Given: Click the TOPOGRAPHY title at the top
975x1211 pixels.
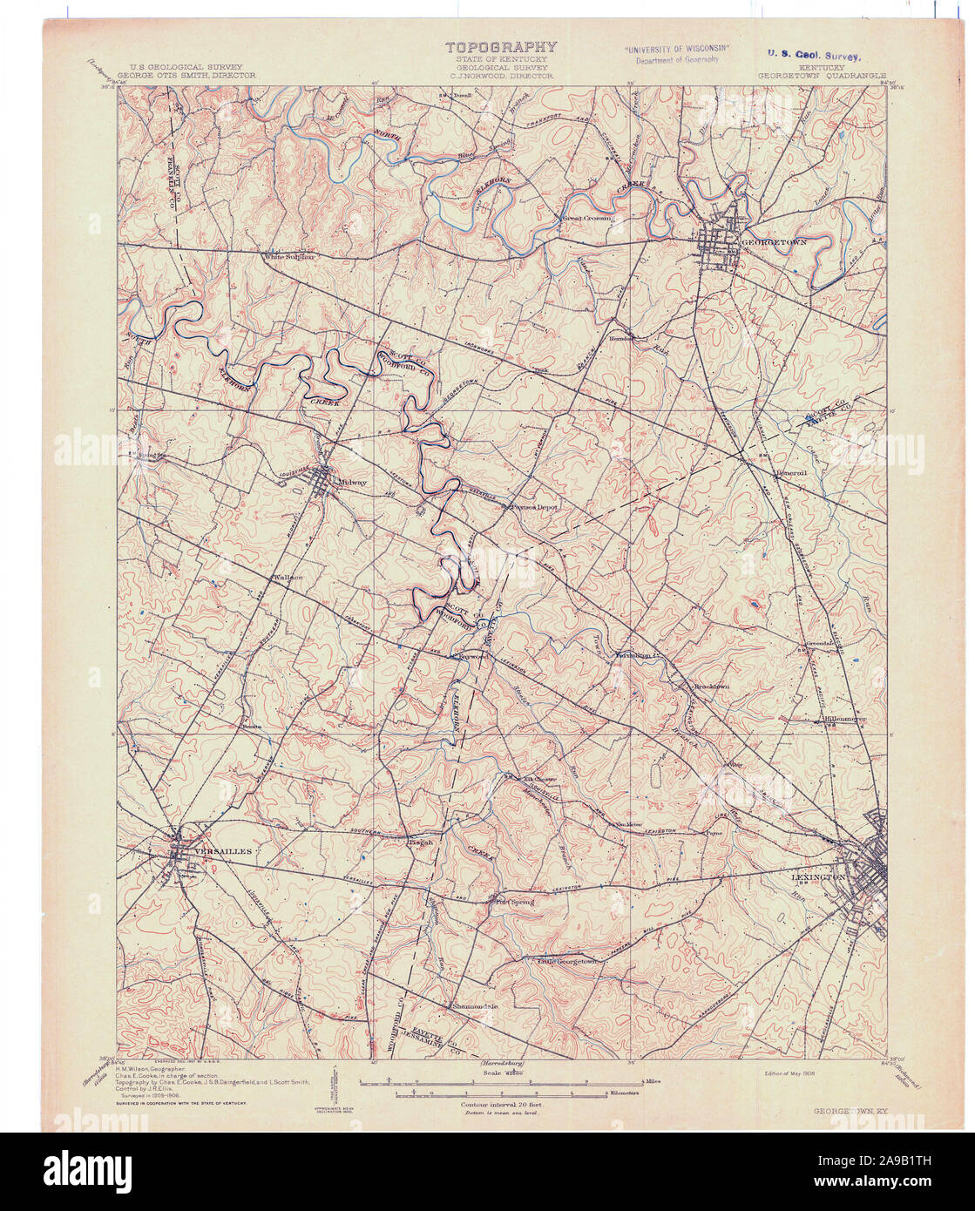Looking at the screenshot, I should tap(500, 48).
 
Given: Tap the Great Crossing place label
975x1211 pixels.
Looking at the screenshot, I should tap(586, 219).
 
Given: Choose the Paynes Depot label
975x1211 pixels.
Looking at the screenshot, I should tap(533, 505).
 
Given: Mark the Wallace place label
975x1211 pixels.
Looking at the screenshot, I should tap(288, 578).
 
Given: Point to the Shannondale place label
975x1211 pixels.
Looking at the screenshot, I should tap(475, 1006).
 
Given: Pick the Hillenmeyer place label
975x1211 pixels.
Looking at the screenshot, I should tap(843, 719).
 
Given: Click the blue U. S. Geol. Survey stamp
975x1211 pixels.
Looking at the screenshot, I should tap(814, 54).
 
